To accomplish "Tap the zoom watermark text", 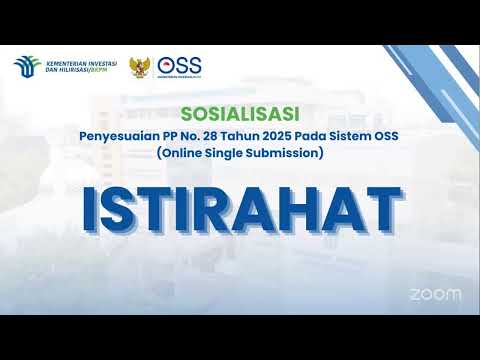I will [436, 294].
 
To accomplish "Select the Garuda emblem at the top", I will [140, 67].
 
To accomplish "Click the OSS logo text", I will [180, 64].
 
